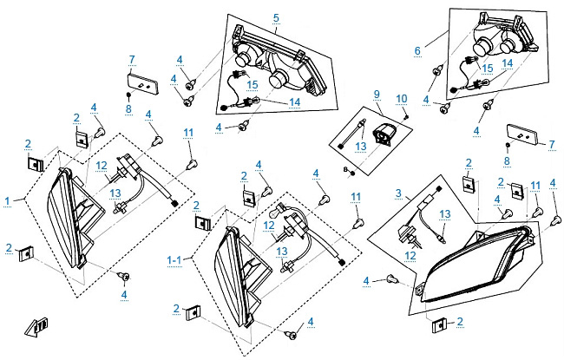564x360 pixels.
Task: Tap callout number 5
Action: (x=275, y=17)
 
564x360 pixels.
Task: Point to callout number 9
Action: (x=377, y=94)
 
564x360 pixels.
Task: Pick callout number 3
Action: (x=397, y=193)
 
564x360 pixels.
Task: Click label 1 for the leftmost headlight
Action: (x=7, y=200)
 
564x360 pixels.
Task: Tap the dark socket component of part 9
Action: (x=381, y=134)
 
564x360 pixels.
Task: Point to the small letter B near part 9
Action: (x=345, y=167)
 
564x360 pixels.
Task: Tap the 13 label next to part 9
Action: (x=359, y=148)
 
